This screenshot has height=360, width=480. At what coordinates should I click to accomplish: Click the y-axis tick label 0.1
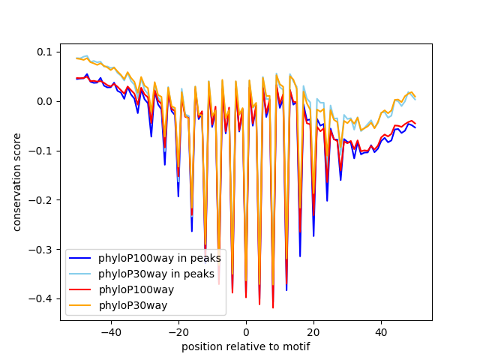click(x=45, y=52)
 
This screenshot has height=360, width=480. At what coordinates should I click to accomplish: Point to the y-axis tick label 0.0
click(x=45, y=101)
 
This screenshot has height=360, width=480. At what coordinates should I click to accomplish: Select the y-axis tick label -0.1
click(x=42, y=151)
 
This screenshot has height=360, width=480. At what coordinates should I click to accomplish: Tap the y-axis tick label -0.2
click(x=42, y=200)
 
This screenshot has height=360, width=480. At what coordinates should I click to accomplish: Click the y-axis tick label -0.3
click(x=42, y=250)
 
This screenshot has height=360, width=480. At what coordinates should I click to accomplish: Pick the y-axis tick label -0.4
click(x=42, y=299)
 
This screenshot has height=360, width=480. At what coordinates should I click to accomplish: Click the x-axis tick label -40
click(x=110, y=331)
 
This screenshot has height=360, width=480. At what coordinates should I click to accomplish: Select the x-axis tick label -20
click(x=178, y=331)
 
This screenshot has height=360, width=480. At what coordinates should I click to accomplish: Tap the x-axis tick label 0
click(x=246, y=331)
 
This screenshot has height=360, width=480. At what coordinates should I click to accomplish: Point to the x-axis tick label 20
click(x=313, y=331)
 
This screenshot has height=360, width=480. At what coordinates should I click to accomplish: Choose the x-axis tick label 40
click(x=381, y=331)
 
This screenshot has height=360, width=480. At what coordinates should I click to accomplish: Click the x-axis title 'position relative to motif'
click(x=246, y=346)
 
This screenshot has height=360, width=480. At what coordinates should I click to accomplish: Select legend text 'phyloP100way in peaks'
click(x=160, y=258)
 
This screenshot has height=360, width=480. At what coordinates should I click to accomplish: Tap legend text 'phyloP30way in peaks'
click(x=157, y=274)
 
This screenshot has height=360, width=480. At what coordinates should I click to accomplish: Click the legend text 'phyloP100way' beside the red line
click(x=136, y=289)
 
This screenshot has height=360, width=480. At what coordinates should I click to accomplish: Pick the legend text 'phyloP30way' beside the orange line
click(x=133, y=305)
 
